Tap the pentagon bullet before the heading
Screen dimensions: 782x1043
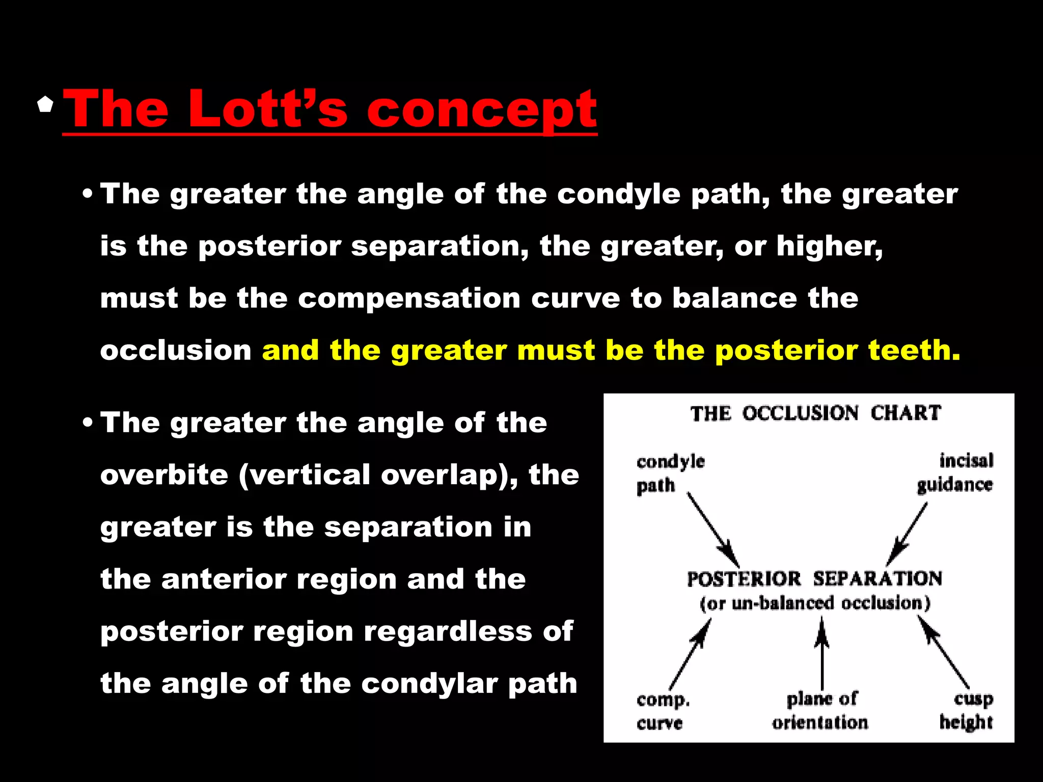[x=45, y=104]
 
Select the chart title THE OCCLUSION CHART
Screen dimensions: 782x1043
[x=815, y=413]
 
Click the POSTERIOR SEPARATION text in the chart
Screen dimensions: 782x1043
[x=814, y=579]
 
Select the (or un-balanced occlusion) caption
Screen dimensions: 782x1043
[x=815, y=603]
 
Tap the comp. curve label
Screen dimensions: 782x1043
[x=662, y=711]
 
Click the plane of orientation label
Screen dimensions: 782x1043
[x=820, y=710]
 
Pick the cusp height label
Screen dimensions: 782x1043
[x=966, y=710]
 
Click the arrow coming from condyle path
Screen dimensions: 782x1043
[x=712, y=529]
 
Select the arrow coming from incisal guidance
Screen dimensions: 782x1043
[x=907, y=535]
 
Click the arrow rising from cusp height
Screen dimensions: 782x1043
[x=944, y=652]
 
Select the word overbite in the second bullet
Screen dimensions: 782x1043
[x=164, y=474]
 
